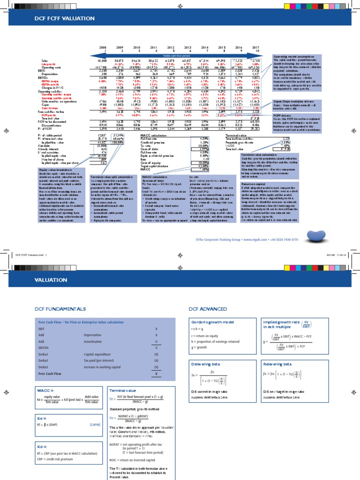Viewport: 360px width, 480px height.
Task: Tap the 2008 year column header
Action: (103, 47)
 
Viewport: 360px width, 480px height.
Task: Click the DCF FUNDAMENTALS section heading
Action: (60, 309)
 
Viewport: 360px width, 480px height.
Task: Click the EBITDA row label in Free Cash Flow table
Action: (44, 348)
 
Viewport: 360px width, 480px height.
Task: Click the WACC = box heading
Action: (44, 390)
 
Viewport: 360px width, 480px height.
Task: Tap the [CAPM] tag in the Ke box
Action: (94, 424)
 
